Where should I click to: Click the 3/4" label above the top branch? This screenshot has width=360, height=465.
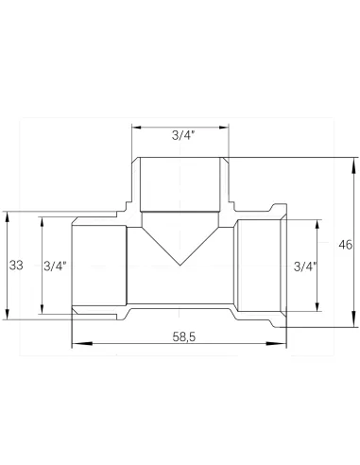click(183, 135)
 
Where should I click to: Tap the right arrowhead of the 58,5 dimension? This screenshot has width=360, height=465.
click(282, 342)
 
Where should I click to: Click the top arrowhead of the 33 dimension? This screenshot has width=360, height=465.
click(8, 214)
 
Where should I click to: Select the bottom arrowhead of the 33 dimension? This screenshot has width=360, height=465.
click(8, 319)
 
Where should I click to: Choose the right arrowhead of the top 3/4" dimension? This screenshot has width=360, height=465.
click(226, 126)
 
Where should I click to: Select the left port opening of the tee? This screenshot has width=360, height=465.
click(99, 266)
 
